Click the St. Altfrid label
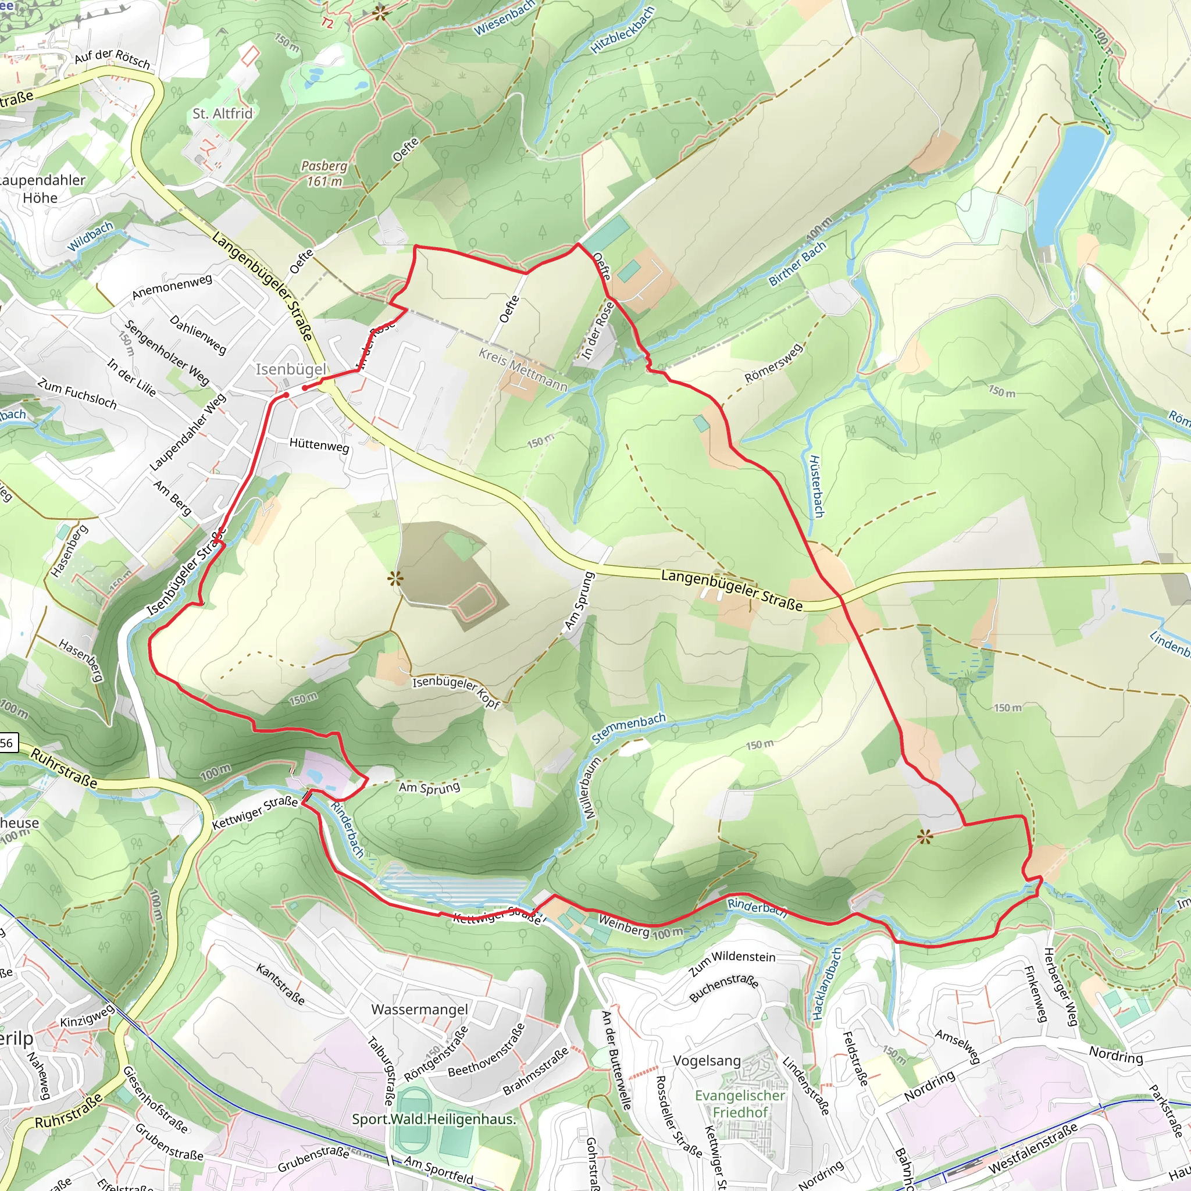223,113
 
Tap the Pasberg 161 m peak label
324,173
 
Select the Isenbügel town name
291,369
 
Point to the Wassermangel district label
420,1009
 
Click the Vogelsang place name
707,1060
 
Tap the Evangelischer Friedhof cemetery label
740,1103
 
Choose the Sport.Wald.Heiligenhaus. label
434,1118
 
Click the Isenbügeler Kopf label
456,691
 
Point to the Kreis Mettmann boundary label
523,370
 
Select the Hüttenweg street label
319,444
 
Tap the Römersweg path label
773,363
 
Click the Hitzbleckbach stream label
622,30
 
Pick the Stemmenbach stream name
629,728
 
